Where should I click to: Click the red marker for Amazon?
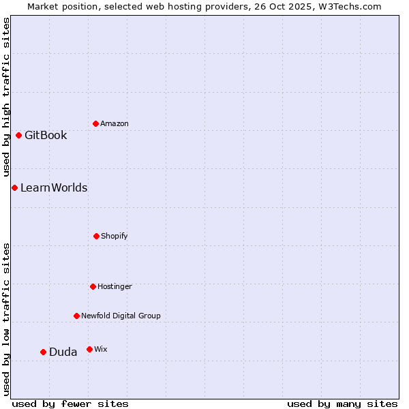tap(95, 123)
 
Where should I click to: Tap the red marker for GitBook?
tap(18, 135)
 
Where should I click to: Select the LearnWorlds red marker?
tap(14, 187)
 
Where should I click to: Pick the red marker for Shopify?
tap(96, 236)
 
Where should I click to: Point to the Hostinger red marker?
tap(93, 286)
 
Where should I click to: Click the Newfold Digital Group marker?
tap(76, 316)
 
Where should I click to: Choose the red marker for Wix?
tap(89, 349)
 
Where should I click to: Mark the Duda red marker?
tap(43, 352)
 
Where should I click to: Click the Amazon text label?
tap(115, 123)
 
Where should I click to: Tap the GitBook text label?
tap(46, 135)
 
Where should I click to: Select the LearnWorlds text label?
tap(54, 187)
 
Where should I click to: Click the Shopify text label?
tap(115, 236)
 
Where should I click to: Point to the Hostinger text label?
tap(115, 286)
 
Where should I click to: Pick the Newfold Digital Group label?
tap(121, 316)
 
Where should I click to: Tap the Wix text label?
tap(101, 349)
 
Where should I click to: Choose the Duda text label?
tap(63, 352)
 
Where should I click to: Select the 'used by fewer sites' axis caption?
tap(70, 404)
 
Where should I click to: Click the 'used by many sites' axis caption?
tap(342, 404)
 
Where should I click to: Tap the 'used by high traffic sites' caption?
tap(6, 97)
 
